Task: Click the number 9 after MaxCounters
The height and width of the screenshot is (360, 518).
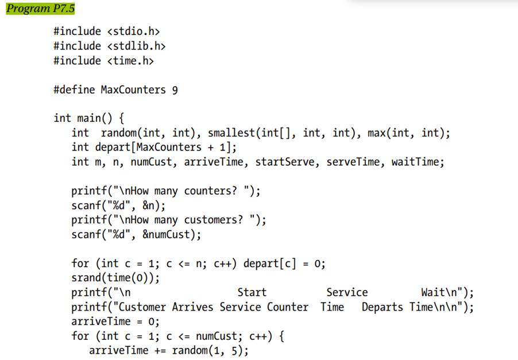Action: [x=175, y=90]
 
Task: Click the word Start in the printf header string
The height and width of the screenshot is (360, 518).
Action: [x=252, y=292]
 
